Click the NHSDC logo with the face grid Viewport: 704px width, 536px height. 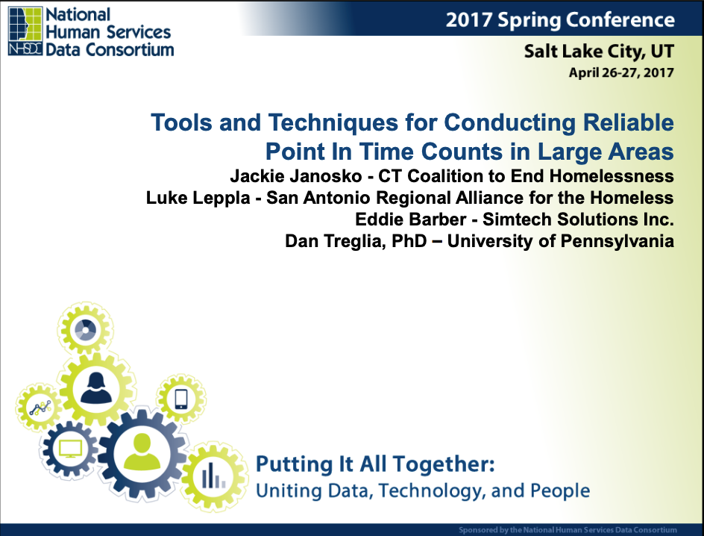click(x=25, y=31)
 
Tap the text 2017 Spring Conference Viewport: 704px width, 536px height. click(x=560, y=19)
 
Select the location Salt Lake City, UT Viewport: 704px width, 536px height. click(x=599, y=52)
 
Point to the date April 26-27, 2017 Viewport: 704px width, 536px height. click(x=621, y=72)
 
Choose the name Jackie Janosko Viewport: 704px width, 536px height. click(x=296, y=175)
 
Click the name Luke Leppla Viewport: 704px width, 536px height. click(x=198, y=198)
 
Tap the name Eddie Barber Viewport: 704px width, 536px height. click(x=410, y=219)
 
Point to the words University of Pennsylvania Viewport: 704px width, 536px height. click(x=561, y=241)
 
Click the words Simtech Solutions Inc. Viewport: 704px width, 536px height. click(x=578, y=219)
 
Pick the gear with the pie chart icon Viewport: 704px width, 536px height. click(x=85, y=328)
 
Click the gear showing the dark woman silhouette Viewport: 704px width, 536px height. click(x=96, y=388)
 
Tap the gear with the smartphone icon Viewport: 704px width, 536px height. click(x=181, y=399)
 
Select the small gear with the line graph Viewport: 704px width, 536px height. click(x=40, y=408)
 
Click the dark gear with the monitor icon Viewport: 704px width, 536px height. click(x=70, y=449)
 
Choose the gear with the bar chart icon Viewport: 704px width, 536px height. click(x=214, y=476)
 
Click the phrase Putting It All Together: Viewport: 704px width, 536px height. click(x=375, y=464)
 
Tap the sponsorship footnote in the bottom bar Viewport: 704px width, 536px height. click(x=568, y=530)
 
